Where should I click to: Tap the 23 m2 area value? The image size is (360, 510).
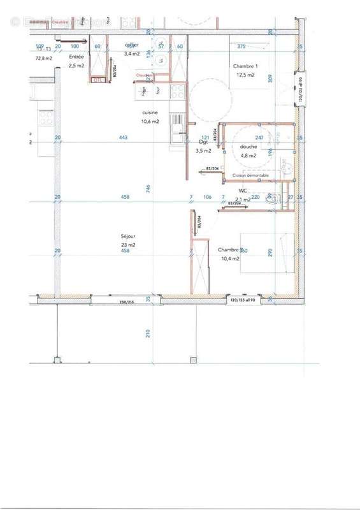pos(127,244)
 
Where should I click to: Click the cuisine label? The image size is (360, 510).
pos(150,113)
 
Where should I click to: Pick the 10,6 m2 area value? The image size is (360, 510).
pos(150,121)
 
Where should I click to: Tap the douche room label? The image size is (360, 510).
pos(248,147)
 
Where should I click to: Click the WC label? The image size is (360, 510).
pos(243,191)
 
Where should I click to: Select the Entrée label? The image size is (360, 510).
pos(75,56)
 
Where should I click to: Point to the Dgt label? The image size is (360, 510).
pos(203,143)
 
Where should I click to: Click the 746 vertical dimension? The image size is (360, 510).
pos(148,188)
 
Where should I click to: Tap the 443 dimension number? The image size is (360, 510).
pos(124,138)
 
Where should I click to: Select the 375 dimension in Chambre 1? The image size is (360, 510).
pos(241,46)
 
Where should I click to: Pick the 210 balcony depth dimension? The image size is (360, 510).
pos(148,333)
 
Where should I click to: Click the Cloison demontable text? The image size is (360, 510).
pos(250,175)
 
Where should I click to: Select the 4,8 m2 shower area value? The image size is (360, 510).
pos(248,155)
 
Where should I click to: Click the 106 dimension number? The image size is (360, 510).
pos(207,198)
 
